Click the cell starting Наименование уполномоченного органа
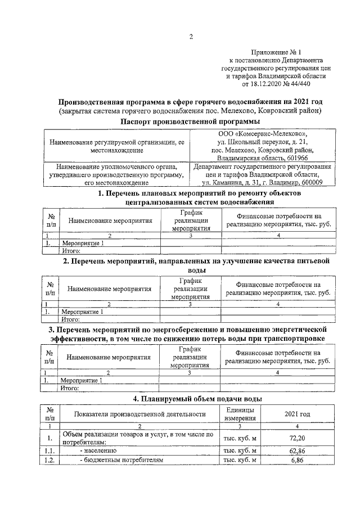click(118, 174)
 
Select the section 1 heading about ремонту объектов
click(191, 198)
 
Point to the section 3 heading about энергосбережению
click(191, 332)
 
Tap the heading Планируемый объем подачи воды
click(191, 399)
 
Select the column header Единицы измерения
click(240, 414)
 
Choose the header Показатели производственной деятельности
click(140, 415)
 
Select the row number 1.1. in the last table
click(50, 451)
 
